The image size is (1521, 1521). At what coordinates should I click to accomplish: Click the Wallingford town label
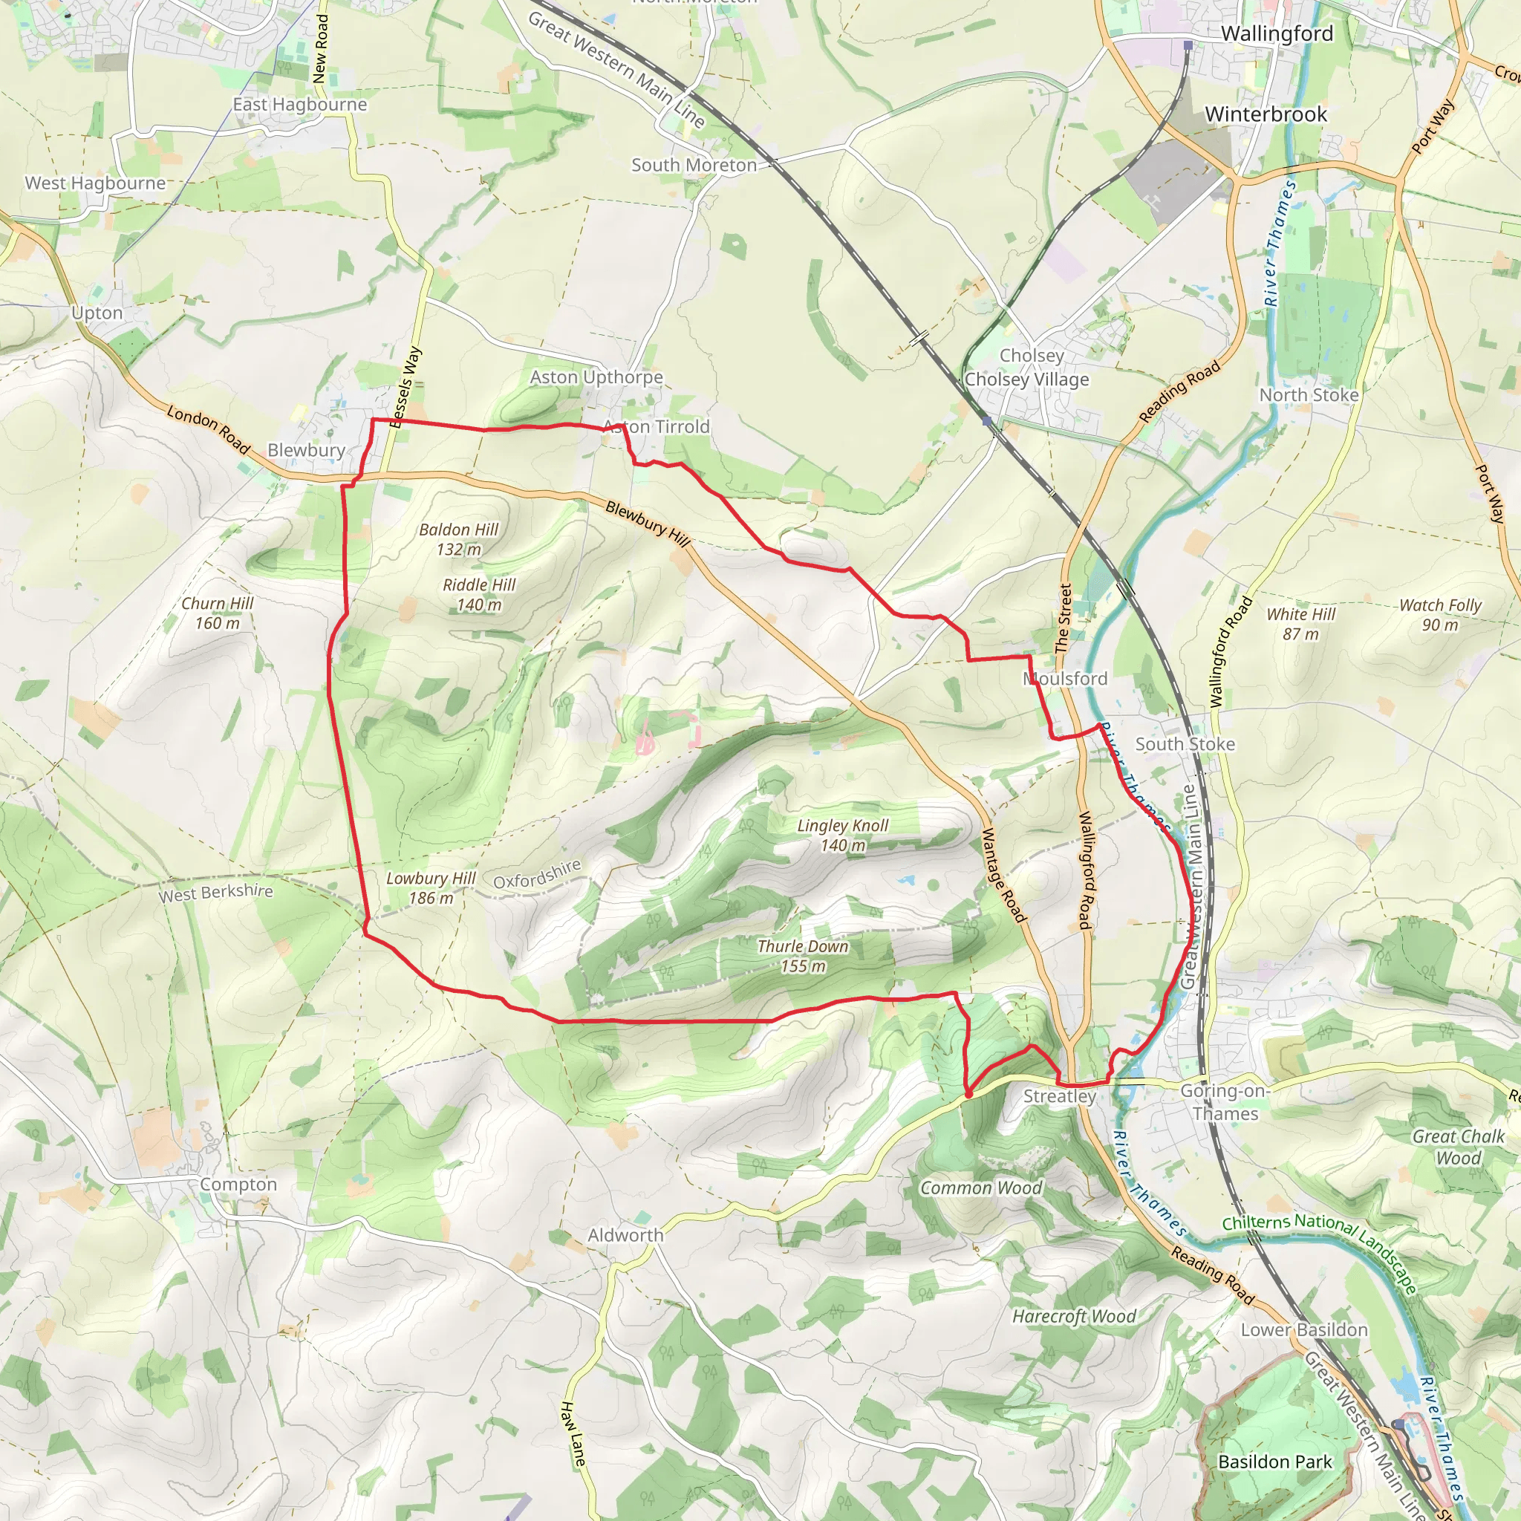[x=1276, y=34]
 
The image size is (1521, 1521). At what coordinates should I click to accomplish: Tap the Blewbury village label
[x=306, y=450]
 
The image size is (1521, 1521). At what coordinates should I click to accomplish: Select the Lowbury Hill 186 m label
[x=431, y=888]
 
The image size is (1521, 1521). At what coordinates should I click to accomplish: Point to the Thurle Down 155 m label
[x=802, y=956]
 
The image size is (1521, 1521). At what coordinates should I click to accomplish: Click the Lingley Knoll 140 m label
[x=842, y=836]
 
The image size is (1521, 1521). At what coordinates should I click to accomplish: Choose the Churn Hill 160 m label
[x=218, y=613]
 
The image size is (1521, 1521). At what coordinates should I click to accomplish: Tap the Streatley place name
[x=1059, y=1097]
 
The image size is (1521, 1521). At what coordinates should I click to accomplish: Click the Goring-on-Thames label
[x=1224, y=1102]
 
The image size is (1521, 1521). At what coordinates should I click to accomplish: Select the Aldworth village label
[x=625, y=1235]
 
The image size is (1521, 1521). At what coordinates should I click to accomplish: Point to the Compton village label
[x=238, y=1184]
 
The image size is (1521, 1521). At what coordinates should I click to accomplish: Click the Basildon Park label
[x=1274, y=1462]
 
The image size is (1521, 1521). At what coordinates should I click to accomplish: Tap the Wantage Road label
[x=1004, y=875]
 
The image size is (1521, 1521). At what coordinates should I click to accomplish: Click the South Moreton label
[x=694, y=166]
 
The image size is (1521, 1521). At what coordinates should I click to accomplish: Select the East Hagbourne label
[x=299, y=105]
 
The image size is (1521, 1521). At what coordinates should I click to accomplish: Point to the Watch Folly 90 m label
[x=1440, y=615]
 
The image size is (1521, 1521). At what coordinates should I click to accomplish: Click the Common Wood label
[x=980, y=1188]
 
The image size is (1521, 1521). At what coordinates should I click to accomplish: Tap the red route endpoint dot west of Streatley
[x=968, y=1093]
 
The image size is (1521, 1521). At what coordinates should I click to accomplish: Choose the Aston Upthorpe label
[x=596, y=377]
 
